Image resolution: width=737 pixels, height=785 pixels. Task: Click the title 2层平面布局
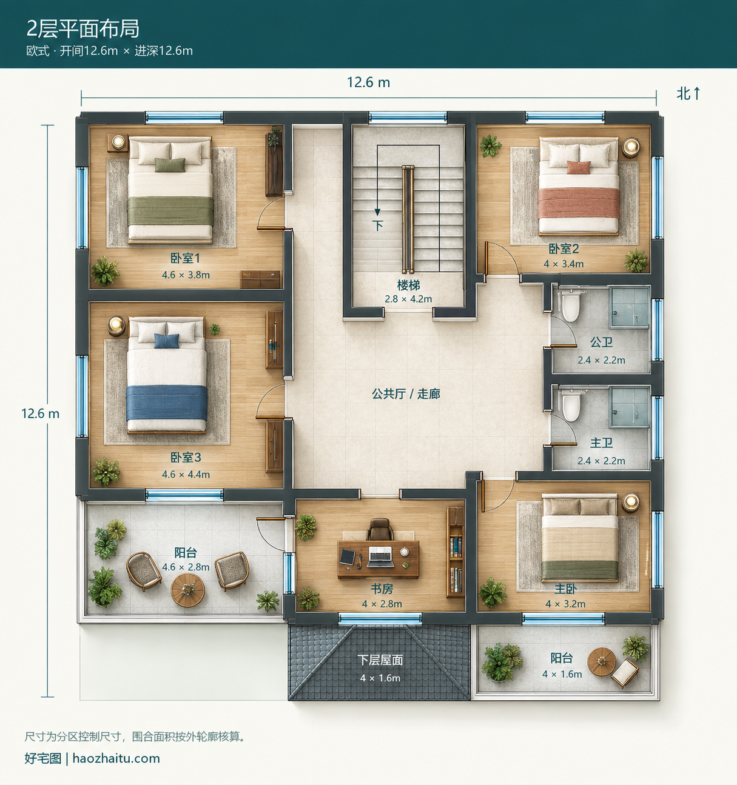(82, 28)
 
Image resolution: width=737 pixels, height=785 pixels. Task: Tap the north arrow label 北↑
(688, 94)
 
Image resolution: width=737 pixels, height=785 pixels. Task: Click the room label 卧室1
(185, 258)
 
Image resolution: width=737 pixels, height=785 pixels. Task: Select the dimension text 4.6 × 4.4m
(186, 474)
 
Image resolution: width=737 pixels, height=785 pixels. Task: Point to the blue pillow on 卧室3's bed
(167, 341)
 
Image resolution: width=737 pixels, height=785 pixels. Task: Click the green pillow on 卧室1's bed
(170, 165)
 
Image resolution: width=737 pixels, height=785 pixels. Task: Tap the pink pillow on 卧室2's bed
(578, 167)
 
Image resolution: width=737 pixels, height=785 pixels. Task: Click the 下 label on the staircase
(378, 225)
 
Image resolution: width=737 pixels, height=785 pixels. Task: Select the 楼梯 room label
(408, 285)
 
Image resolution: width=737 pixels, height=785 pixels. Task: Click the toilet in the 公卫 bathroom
(570, 305)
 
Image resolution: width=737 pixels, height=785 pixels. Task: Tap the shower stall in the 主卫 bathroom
(630, 407)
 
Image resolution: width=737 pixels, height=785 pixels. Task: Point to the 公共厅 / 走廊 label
(406, 393)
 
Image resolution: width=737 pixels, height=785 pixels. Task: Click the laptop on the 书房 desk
(380, 556)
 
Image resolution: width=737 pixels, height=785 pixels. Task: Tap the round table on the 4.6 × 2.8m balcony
(187, 590)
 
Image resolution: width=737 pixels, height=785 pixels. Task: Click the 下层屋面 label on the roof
(380, 660)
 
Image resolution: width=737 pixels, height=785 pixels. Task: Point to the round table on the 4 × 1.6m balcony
(601, 662)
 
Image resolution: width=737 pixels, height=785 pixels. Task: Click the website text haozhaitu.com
(116, 758)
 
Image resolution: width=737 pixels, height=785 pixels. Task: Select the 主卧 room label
(565, 589)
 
